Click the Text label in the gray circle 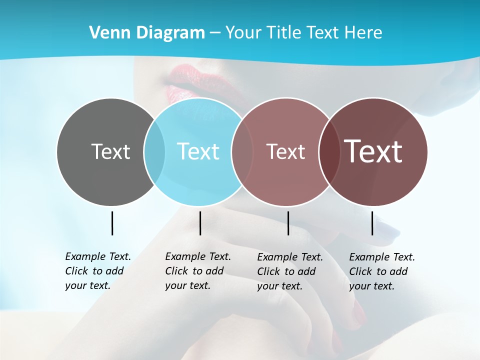(x=110, y=151)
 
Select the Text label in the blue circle (x=198, y=151)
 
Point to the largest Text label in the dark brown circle (x=373, y=151)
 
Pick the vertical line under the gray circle (x=112, y=223)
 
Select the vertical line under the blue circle (x=200, y=223)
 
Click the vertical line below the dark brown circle (x=372, y=223)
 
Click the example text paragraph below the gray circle (x=98, y=271)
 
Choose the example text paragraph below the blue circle (x=198, y=271)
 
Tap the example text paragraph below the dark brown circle (x=382, y=271)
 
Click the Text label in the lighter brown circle (x=285, y=151)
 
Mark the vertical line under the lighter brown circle (x=288, y=223)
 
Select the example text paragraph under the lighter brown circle (x=290, y=271)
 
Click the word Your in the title (x=243, y=32)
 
